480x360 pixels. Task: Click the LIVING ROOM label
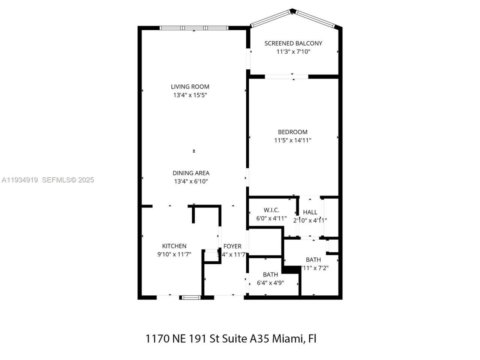coord(190,87)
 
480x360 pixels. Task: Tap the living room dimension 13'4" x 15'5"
coord(190,95)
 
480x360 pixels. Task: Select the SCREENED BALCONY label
coord(293,43)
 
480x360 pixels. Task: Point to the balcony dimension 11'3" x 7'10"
coord(293,52)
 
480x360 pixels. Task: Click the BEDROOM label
coord(292,132)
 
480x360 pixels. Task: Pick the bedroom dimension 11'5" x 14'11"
coord(292,141)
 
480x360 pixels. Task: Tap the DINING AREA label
coord(191,173)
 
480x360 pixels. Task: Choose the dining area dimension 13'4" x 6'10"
coord(191,181)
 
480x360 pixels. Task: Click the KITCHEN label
coord(174,246)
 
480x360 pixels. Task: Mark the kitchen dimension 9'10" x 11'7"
coord(174,254)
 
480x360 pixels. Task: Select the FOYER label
coord(232,246)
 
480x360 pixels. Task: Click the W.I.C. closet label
coord(271,210)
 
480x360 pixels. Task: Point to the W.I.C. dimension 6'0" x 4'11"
coord(271,218)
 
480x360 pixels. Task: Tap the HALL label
coord(310,212)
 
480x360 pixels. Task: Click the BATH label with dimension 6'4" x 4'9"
coord(270,274)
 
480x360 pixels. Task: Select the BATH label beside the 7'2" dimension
coord(313,259)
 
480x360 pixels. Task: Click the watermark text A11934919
coord(20,180)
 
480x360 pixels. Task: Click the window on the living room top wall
coord(194,28)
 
